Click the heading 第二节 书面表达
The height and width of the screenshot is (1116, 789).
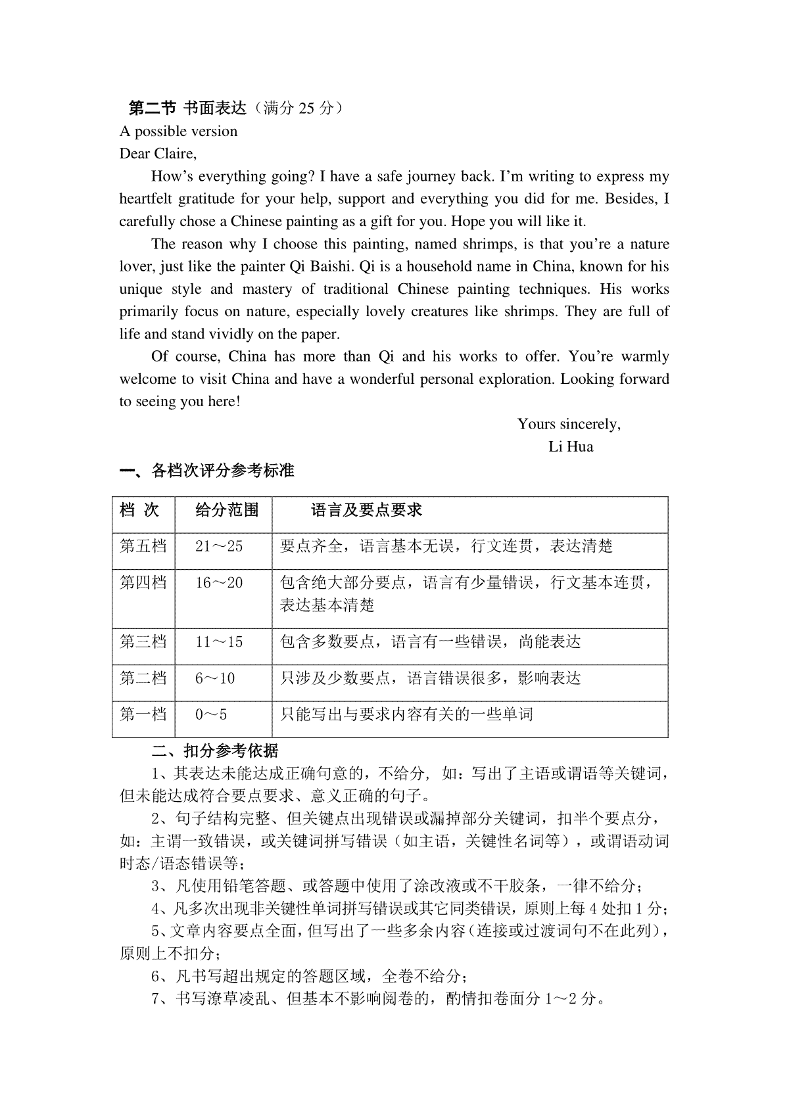[186, 108]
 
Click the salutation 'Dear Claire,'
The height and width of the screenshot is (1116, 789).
[158, 154]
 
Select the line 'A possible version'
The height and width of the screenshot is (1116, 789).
[178, 131]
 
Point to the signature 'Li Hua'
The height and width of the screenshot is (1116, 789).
[571, 447]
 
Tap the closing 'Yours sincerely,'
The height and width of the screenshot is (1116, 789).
[569, 424]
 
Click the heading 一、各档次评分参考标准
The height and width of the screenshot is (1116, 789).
[206, 471]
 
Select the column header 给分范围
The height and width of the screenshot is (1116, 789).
[227, 510]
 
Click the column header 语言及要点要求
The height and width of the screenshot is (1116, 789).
[366, 510]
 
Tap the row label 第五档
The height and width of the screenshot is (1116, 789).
[143, 546]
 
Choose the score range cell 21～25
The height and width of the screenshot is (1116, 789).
[219, 546]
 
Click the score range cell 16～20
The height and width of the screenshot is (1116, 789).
[219, 583]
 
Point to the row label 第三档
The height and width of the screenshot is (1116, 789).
[143, 642]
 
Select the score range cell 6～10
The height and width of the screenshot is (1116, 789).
[215, 678]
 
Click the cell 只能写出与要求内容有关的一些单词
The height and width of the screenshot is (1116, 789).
[406, 714]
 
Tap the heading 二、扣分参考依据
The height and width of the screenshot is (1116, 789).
[215, 751]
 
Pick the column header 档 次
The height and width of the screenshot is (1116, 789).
[139, 510]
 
